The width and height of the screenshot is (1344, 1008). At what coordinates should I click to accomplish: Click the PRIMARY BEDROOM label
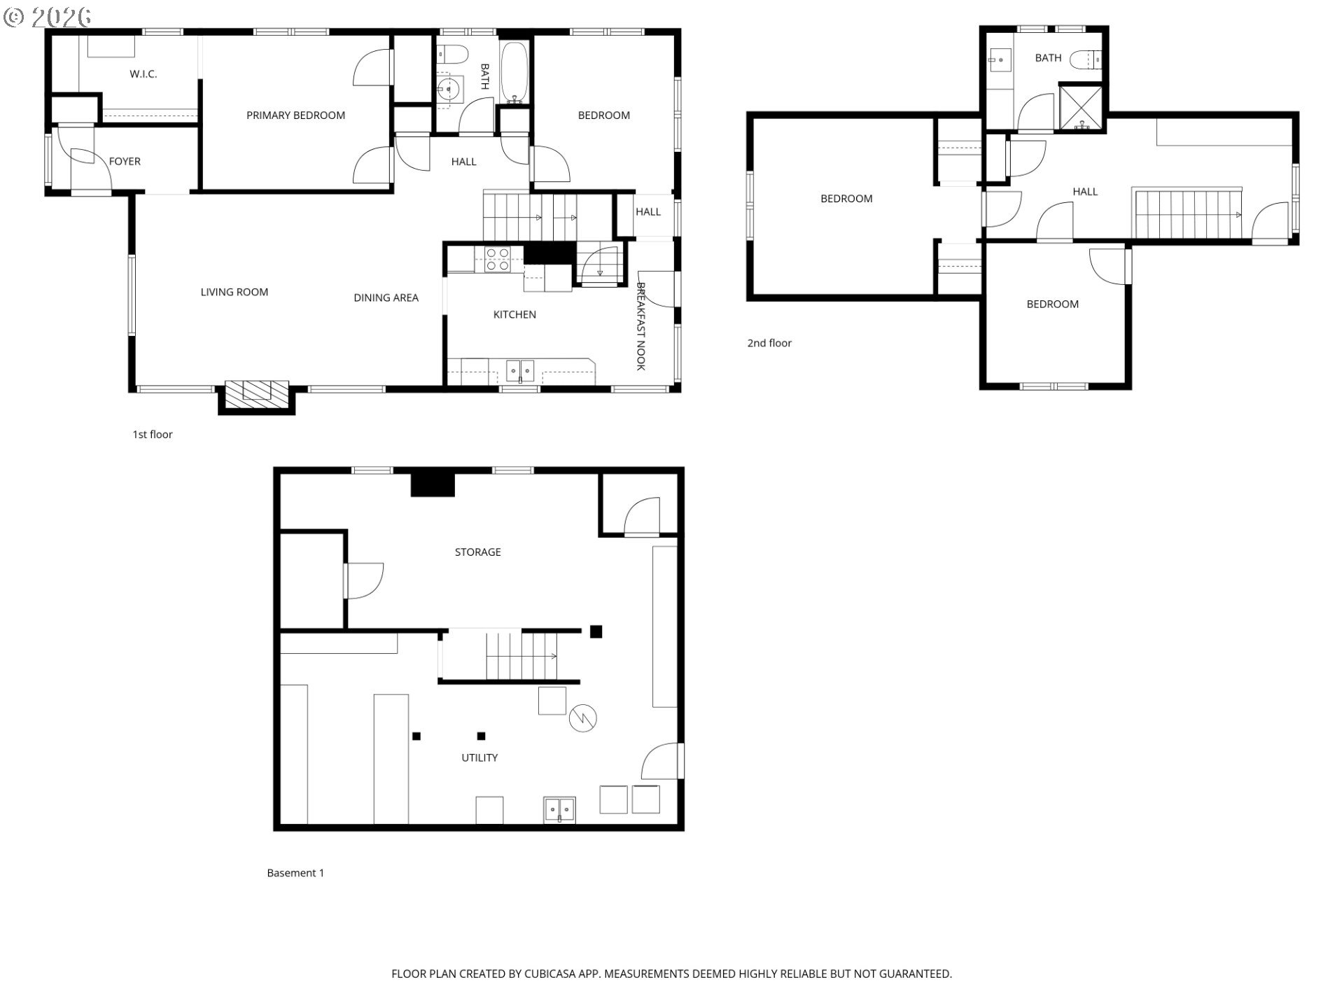[x=295, y=115]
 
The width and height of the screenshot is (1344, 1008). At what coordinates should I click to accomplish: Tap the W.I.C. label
[x=143, y=74]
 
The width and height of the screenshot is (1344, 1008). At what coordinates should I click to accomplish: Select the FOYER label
[x=125, y=162]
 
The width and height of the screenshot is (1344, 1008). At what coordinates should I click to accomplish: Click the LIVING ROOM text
[x=234, y=293]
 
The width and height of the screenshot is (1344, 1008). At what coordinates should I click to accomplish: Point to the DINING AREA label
[x=386, y=298]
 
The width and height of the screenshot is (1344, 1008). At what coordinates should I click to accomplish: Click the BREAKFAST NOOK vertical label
[x=640, y=325]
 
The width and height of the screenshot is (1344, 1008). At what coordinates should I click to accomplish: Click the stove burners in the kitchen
[x=498, y=260]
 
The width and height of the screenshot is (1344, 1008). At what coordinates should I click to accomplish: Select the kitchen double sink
[x=520, y=370]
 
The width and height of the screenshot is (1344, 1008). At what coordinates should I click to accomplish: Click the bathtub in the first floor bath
[x=516, y=72]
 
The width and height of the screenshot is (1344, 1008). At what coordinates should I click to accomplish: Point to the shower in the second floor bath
[x=1081, y=107]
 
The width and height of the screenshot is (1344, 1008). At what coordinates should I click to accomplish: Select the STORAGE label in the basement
[x=478, y=552]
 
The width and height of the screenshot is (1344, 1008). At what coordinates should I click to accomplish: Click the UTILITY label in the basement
[x=479, y=758]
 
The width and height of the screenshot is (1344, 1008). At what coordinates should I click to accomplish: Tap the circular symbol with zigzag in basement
[x=582, y=717]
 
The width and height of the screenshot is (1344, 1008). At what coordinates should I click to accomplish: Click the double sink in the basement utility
[x=560, y=809]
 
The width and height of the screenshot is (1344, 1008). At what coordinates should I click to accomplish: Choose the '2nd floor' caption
[x=769, y=343]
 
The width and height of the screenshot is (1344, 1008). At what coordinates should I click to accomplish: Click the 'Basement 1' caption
[x=295, y=873]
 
